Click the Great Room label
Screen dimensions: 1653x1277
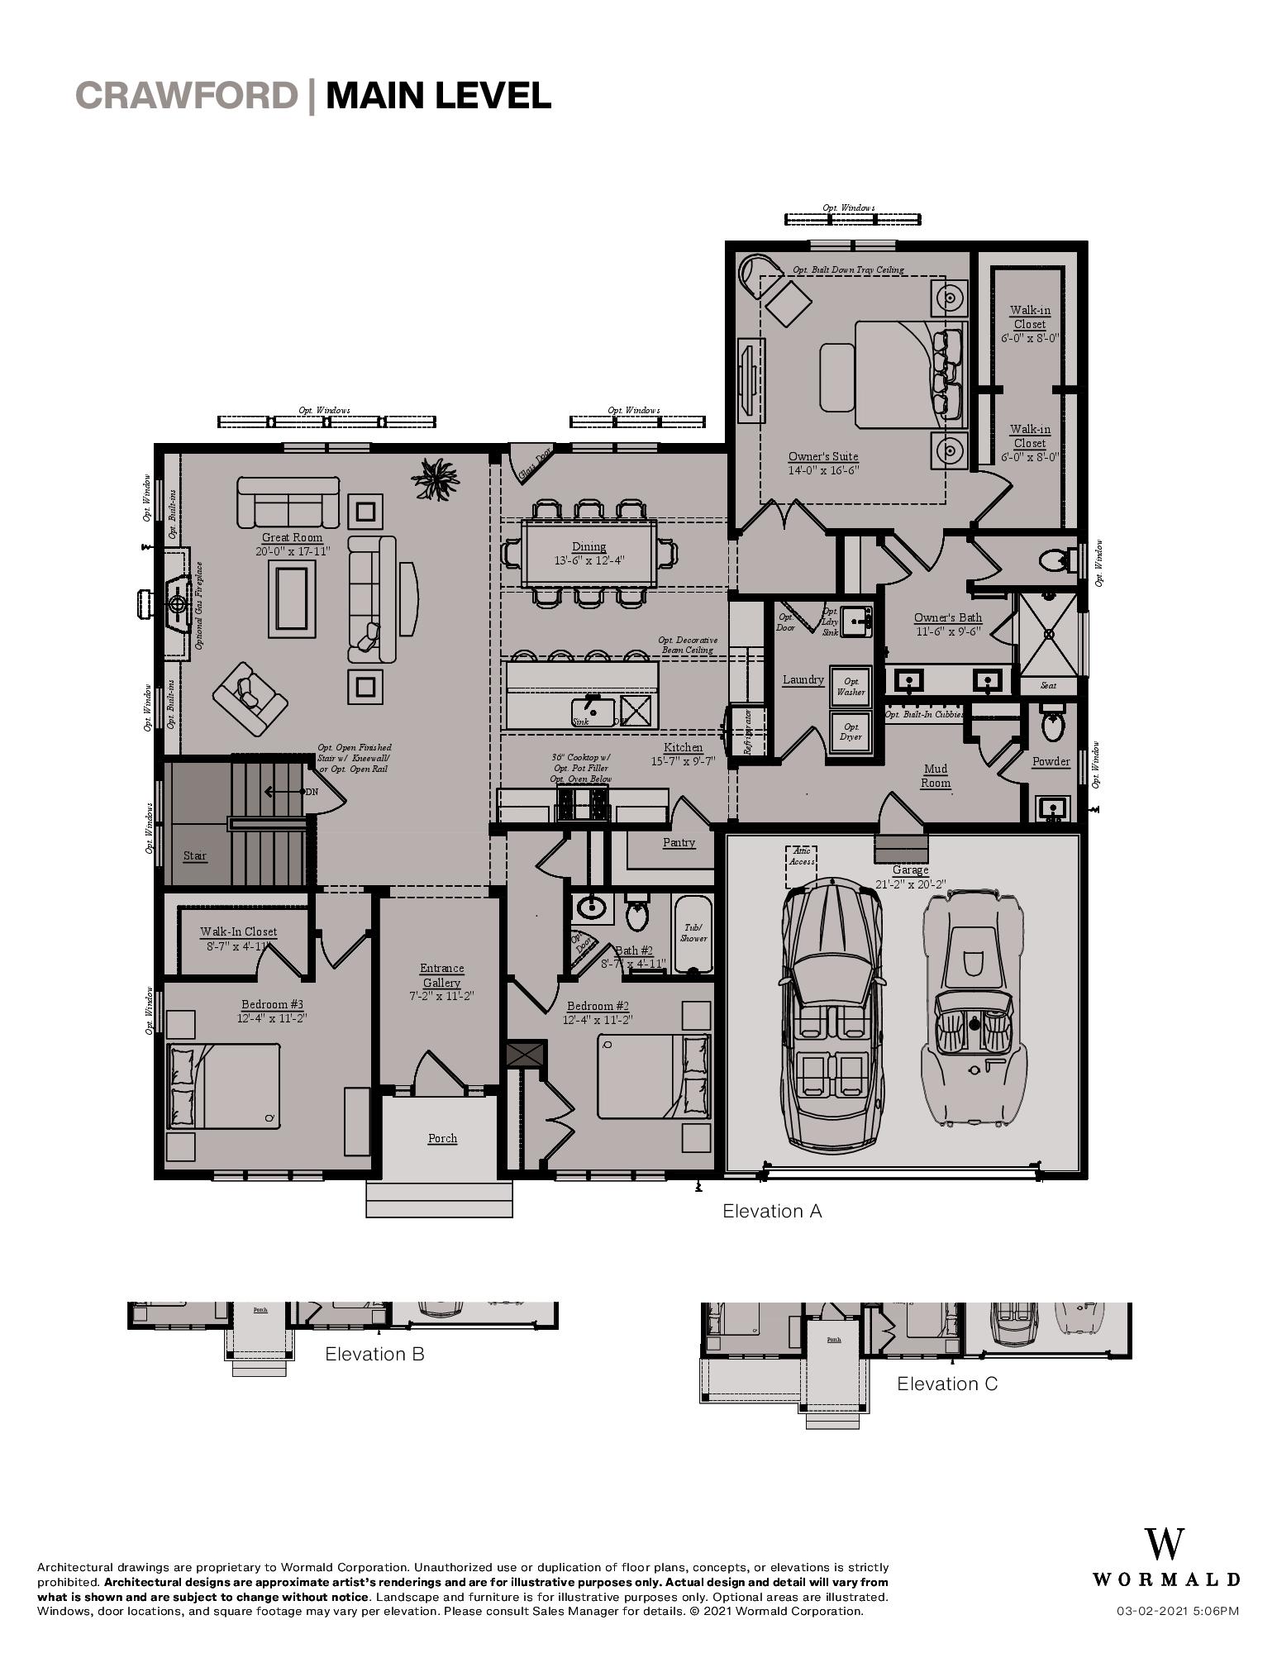pos(292,537)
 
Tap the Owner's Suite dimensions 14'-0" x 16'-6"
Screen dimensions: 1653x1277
pos(823,470)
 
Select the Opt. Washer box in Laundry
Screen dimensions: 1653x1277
pos(851,687)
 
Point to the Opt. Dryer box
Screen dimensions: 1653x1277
pos(851,731)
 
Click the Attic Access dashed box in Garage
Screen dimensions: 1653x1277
pos(801,865)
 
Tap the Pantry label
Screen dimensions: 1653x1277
pos(679,842)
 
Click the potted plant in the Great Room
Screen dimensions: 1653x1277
pos(435,477)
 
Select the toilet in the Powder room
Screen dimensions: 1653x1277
pos(1052,726)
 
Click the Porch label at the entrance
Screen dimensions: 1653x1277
pos(442,1138)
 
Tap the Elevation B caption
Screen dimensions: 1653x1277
pos(374,1354)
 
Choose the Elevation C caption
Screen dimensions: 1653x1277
pos(947,1384)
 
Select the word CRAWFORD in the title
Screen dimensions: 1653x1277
pos(186,96)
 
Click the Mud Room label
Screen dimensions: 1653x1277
pos(936,775)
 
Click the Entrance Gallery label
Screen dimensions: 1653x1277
pos(442,975)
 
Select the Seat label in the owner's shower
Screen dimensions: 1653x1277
pos(1048,685)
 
